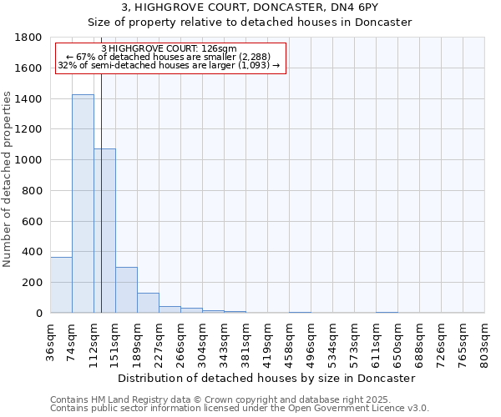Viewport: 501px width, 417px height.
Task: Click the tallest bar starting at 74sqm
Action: [83, 203]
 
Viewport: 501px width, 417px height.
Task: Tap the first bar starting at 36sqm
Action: [61, 284]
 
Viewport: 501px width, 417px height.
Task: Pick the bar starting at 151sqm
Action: [126, 289]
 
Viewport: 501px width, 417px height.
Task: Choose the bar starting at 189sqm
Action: [148, 303]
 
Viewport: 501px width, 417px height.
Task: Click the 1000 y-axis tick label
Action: [28, 160]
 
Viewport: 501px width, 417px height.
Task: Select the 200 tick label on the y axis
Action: [32, 283]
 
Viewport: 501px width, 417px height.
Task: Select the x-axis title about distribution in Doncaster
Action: [266, 378]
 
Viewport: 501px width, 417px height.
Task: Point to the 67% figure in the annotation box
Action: [87, 56]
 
